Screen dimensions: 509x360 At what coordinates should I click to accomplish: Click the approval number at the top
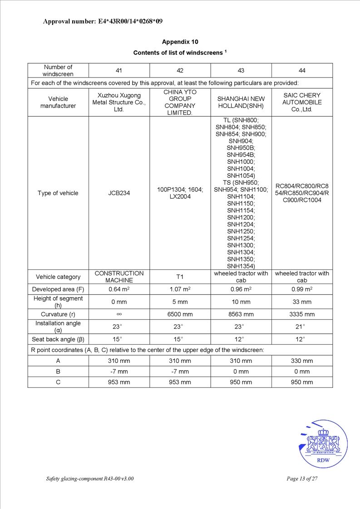coord(103,21)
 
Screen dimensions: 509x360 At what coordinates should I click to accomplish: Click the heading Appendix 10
coord(180,42)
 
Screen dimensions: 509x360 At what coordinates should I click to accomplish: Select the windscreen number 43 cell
coord(241,70)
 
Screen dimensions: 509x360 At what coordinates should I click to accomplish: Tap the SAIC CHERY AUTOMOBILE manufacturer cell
coord(302,103)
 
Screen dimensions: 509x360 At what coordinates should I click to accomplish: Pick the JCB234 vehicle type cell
coord(119,193)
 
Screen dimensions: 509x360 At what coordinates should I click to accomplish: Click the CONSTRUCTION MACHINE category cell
coord(119,277)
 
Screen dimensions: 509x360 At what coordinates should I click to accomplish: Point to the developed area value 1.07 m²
coord(180,289)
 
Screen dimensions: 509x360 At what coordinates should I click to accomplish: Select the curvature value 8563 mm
coord(241,314)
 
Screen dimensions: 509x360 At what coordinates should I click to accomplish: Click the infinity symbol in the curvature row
coord(119,314)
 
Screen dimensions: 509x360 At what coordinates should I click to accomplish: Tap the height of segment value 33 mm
coord(302,302)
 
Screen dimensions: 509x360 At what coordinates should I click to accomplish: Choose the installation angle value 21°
coord(302,327)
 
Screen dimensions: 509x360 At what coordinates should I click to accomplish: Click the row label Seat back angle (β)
coord(58,339)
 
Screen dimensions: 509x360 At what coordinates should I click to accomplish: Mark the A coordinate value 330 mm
coord(302,361)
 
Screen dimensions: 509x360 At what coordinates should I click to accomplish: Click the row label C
coord(58,382)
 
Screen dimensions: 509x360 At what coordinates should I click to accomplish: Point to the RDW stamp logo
coord(323,444)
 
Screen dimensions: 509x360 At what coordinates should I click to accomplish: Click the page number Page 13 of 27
coord(302,479)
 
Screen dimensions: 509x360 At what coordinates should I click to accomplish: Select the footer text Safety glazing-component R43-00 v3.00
coord(90,479)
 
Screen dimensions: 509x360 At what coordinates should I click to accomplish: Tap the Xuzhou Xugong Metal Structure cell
coord(119,103)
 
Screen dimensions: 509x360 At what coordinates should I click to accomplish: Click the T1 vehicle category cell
coord(180,277)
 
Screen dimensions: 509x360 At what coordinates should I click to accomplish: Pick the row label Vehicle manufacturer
coord(58,103)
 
